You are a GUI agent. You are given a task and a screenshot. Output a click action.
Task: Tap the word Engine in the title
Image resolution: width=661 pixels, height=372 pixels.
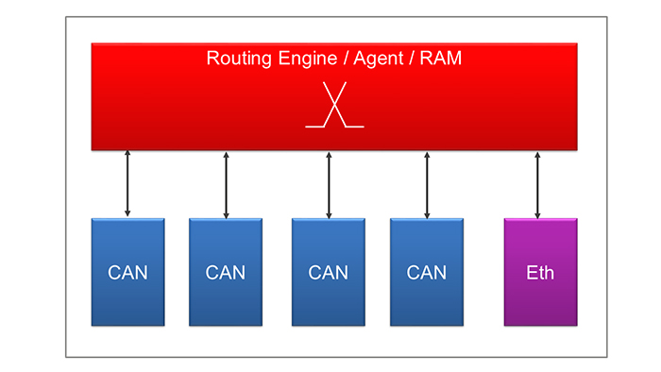click(307, 59)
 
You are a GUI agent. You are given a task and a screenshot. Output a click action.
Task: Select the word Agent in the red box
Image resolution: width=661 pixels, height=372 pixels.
click(379, 59)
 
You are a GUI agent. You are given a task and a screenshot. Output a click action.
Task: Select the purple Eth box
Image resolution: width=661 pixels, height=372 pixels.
click(540, 272)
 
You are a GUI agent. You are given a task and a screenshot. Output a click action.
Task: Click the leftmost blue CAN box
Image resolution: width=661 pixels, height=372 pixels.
click(127, 272)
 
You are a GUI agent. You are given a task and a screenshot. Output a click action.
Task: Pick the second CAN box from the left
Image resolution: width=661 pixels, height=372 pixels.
click(226, 272)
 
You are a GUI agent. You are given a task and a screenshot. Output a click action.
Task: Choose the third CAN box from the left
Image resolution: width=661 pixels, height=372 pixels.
click(329, 272)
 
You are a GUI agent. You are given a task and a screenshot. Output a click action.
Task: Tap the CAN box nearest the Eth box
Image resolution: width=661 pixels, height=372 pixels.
click(427, 272)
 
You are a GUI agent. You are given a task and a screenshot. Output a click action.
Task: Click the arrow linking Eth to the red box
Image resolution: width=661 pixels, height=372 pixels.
click(537, 184)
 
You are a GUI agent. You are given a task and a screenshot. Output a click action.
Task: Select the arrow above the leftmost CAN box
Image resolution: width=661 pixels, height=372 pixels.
click(127, 184)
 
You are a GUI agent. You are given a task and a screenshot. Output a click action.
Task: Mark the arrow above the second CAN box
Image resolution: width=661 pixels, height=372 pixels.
click(226, 184)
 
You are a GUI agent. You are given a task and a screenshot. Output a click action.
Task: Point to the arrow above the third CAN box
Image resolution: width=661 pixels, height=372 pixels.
click(329, 184)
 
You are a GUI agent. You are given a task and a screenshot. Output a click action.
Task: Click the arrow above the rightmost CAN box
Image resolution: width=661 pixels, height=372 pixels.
click(427, 184)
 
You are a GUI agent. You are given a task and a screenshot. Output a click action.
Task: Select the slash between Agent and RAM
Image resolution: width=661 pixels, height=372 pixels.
click(413, 59)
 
